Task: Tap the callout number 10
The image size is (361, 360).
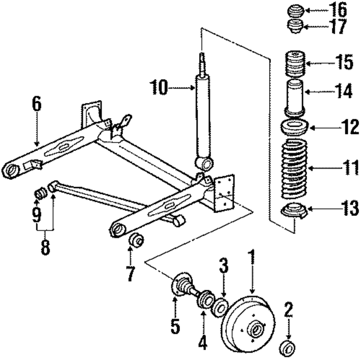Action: pos(159,87)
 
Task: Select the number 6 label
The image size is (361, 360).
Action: pos(37,104)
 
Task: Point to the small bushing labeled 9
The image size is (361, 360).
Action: pos(40,195)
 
